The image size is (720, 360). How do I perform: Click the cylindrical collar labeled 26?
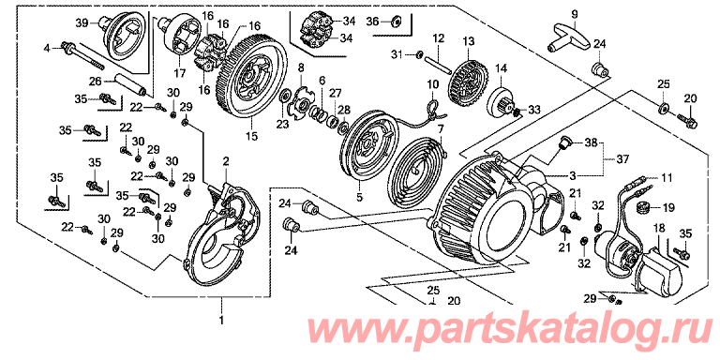[x=131, y=85]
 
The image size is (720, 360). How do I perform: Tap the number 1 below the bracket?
[x=222, y=320]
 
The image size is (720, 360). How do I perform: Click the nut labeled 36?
[x=397, y=21]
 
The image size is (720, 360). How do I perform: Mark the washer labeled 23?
[x=285, y=97]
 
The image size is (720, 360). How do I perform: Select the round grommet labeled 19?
[x=641, y=208]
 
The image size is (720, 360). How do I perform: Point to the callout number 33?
[x=534, y=110]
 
